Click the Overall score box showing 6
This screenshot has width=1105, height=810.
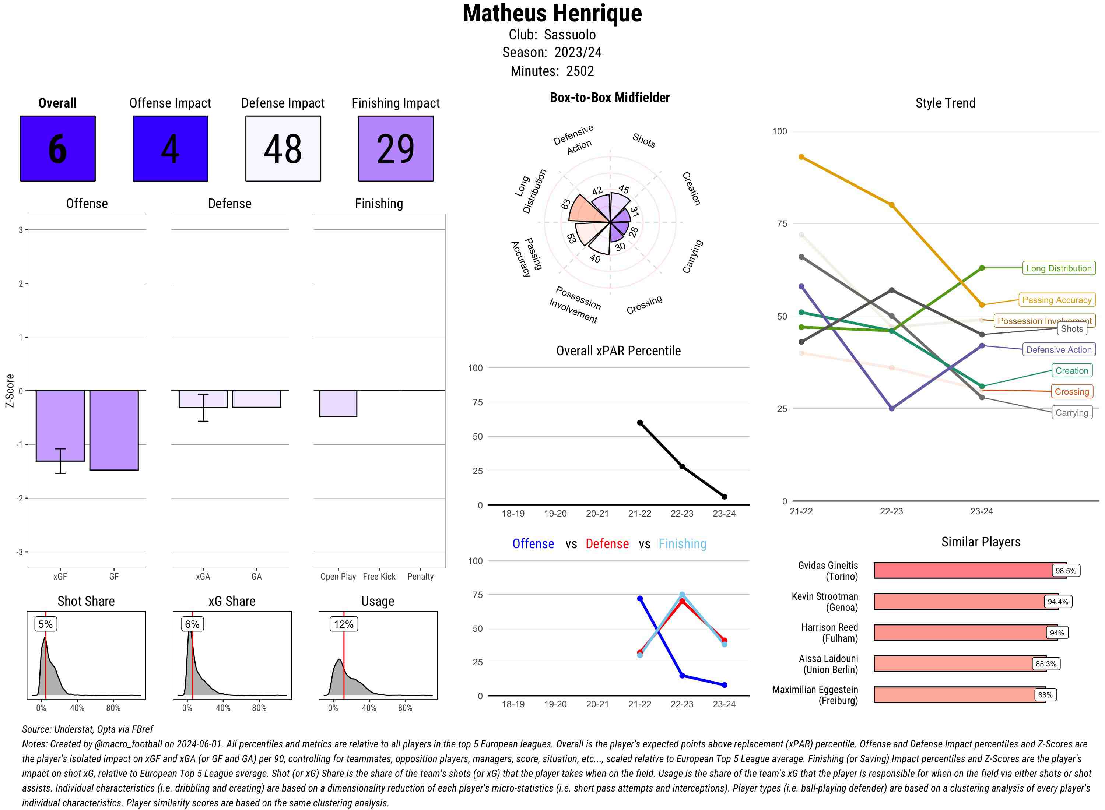[57, 149]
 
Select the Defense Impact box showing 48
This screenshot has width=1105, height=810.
[283, 149]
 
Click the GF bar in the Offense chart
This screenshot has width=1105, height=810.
[114, 430]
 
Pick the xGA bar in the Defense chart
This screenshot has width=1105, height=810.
[203, 399]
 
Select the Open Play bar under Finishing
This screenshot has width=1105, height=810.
[338, 404]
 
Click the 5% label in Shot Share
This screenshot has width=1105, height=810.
[46, 624]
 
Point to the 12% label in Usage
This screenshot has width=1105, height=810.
[343, 624]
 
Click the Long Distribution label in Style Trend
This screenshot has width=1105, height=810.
[1059, 268]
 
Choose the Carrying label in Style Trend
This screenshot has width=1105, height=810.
[1071, 413]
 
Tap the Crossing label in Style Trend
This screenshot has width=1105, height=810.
[1071, 392]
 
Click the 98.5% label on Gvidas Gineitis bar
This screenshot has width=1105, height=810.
[1065, 571]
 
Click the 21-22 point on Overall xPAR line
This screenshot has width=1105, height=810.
[639, 423]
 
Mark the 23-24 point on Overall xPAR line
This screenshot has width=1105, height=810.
[724, 497]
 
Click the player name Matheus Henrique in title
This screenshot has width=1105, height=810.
[552, 13]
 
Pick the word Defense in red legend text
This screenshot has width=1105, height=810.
[607, 544]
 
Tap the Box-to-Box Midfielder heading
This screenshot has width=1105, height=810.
[610, 98]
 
